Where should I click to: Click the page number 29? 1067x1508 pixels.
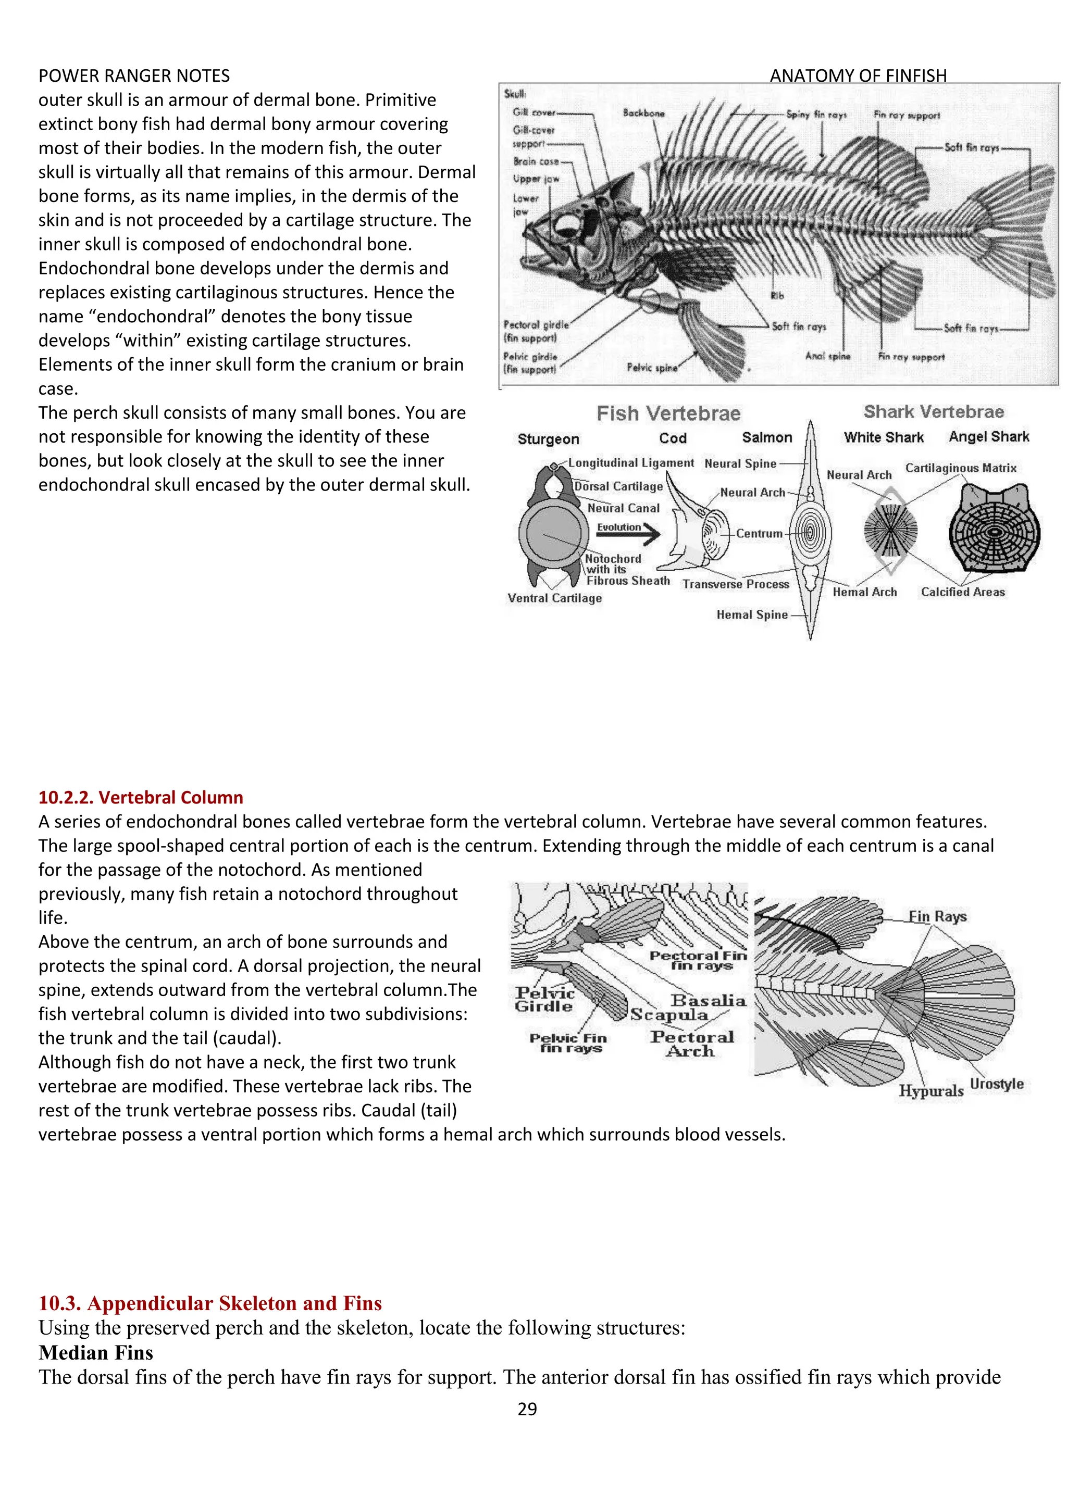(x=527, y=1409)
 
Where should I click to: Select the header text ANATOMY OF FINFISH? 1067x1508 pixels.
(x=858, y=76)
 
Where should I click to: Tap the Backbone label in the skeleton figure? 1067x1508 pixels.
(x=643, y=113)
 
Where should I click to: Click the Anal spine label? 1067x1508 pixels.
(x=827, y=356)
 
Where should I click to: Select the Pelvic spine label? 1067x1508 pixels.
(x=652, y=368)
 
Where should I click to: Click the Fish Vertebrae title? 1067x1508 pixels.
(x=668, y=414)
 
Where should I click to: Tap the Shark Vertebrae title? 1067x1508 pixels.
(x=933, y=412)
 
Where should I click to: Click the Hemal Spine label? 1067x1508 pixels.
(x=752, y=615)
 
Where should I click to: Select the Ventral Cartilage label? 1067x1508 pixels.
(x=554, y=598)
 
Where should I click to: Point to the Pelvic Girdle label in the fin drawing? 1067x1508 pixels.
(x=544, y=1000)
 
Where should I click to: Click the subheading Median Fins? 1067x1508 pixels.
(x=96, y=1353)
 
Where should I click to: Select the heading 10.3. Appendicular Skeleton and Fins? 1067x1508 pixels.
(x=210, y=1304)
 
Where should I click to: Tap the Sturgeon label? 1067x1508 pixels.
(x=548, y=439)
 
